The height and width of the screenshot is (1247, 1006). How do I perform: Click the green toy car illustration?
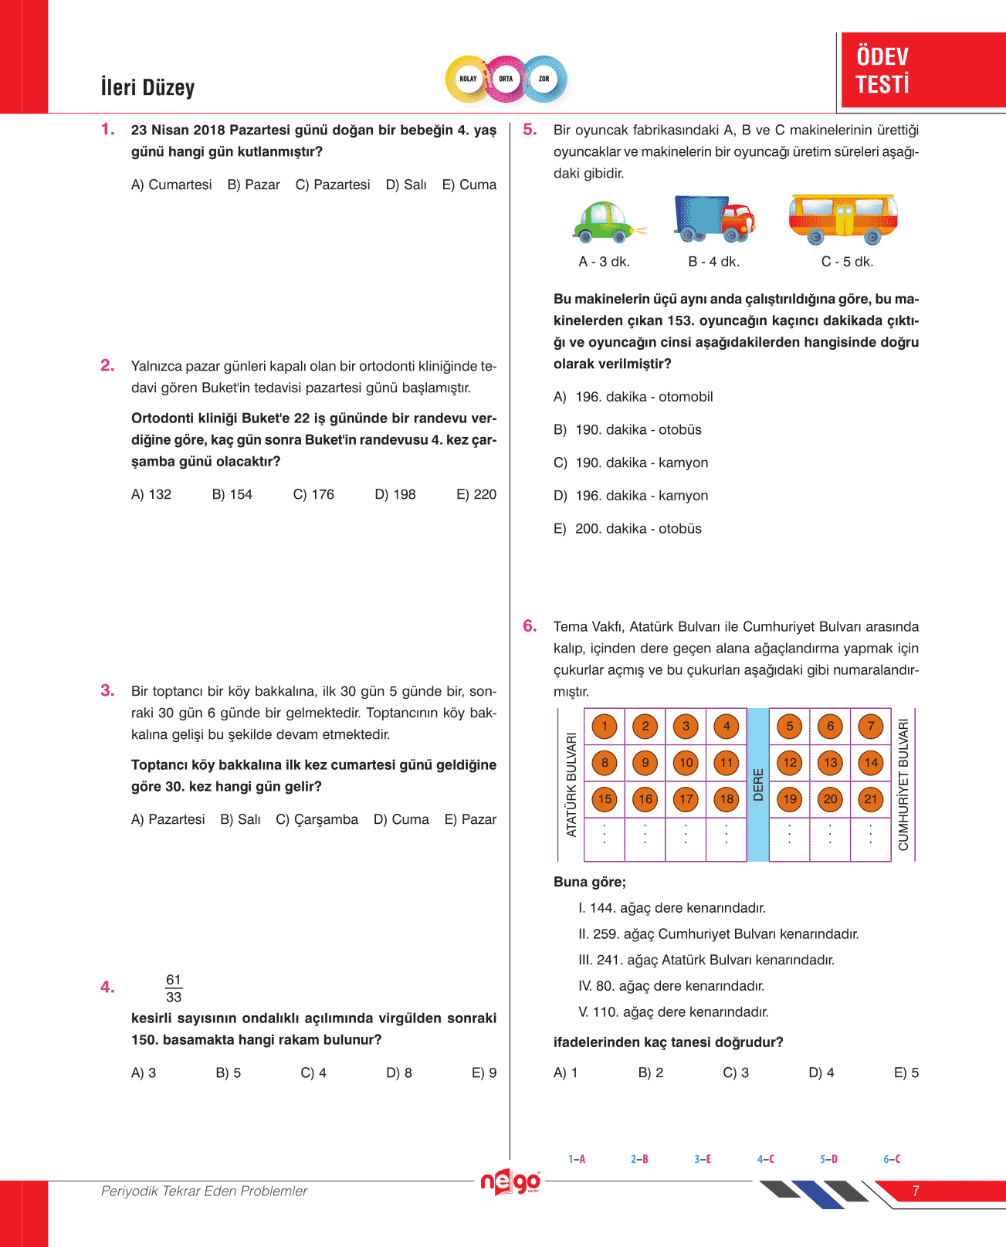point(607,222)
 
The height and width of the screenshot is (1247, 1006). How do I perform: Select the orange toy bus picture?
point(842,219)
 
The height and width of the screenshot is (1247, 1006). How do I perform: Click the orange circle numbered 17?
point(686,799)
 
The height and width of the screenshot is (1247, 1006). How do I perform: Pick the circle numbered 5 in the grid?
point(789,726)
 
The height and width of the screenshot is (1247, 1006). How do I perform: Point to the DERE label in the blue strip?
point(758,784)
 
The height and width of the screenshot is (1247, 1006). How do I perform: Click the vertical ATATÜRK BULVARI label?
point(571,784)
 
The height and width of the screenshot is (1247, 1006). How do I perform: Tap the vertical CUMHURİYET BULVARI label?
point(903,784)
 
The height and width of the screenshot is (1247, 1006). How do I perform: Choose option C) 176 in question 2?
point(313,494)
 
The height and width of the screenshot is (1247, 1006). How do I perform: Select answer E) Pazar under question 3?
point(470,819)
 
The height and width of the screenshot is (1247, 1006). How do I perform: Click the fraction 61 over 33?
point(174,988)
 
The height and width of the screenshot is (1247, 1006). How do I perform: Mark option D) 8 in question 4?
point(398,1072)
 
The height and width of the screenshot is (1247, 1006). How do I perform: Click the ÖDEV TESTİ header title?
point(882,70)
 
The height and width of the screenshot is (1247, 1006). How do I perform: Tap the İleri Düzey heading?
point(147,87)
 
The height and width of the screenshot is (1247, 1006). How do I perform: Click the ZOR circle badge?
point(544,79)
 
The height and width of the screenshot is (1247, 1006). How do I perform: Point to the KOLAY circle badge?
point(468,79)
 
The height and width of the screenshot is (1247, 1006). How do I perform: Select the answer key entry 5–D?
point(828,1159)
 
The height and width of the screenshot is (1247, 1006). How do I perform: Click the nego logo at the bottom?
point(510,1182)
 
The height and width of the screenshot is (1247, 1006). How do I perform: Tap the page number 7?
point(916,1191)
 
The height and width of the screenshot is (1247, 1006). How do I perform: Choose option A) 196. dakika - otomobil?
point(633,397)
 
